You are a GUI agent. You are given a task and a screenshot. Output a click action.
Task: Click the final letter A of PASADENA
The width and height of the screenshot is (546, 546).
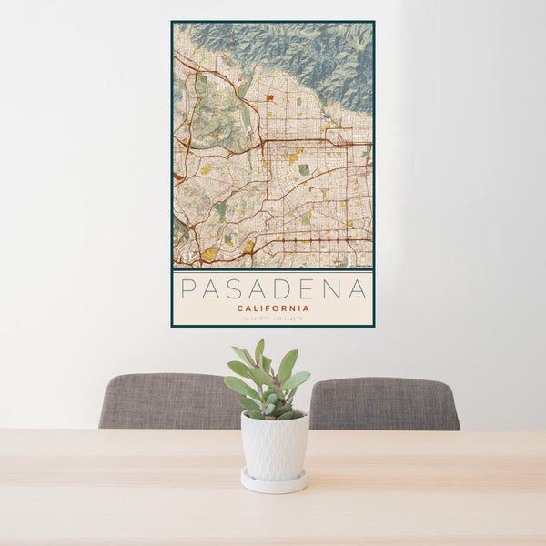tap(359, 289)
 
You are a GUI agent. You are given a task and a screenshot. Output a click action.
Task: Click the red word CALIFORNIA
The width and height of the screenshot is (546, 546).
tap(273, 308)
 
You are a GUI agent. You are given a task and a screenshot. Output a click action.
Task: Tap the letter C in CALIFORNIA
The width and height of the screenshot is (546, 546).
tap(239, 308)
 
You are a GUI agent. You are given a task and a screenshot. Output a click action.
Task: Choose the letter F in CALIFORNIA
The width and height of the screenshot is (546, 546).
tap(268, 308)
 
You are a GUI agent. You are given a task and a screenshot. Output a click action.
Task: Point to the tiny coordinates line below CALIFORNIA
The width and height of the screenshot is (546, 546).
tap(273, 318)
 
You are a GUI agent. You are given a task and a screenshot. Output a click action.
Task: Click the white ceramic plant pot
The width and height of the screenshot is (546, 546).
tap(274, 446)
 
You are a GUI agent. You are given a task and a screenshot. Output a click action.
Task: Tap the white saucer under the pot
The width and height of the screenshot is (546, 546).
tap(274, 481)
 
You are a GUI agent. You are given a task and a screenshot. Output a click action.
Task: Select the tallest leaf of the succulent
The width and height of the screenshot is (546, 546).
tap(260, 351)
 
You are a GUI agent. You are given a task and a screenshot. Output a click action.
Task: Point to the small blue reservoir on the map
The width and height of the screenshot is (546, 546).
tap(326, 116)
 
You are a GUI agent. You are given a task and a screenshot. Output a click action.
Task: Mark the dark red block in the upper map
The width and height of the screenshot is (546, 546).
tap(270, 96)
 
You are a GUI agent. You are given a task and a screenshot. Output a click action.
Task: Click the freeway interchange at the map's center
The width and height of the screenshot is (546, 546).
tap(263, 143)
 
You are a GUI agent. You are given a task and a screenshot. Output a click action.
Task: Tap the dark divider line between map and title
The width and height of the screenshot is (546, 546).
tap(273, 270)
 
